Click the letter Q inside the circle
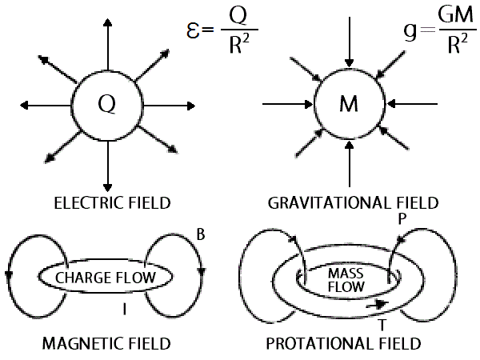pos(106,105)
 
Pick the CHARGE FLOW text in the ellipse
pos(106,278)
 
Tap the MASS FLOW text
pos(344,279)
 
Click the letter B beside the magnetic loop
pos(201,234)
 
